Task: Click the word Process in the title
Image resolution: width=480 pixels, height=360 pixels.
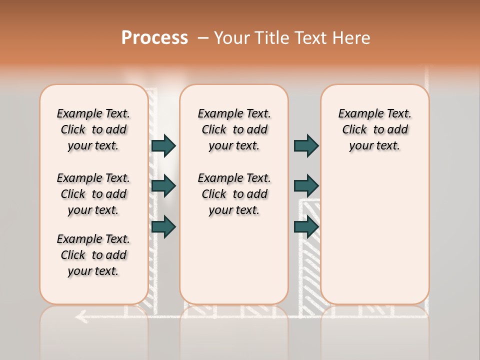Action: (154, 38)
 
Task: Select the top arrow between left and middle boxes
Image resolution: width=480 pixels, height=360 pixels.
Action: (163, 146)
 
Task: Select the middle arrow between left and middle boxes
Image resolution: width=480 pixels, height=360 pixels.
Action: (163, 186)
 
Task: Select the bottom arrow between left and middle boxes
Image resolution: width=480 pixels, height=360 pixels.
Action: (163, 226)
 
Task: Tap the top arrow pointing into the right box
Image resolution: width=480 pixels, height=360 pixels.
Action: (306, 146)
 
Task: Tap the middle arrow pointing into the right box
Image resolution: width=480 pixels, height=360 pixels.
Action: (306, 186)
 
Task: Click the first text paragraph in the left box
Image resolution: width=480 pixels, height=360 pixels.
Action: (93, 129)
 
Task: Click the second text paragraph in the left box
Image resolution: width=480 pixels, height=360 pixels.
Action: (93, 194)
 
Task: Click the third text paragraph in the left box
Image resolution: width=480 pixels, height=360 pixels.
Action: (93, 255)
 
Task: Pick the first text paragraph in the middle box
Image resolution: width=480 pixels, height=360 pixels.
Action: (234, 129)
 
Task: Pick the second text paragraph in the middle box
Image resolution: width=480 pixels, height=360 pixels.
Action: (234, 194)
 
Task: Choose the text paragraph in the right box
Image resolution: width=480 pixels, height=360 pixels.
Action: (374, 129)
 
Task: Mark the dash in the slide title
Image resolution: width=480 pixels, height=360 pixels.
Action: (203, 38)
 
